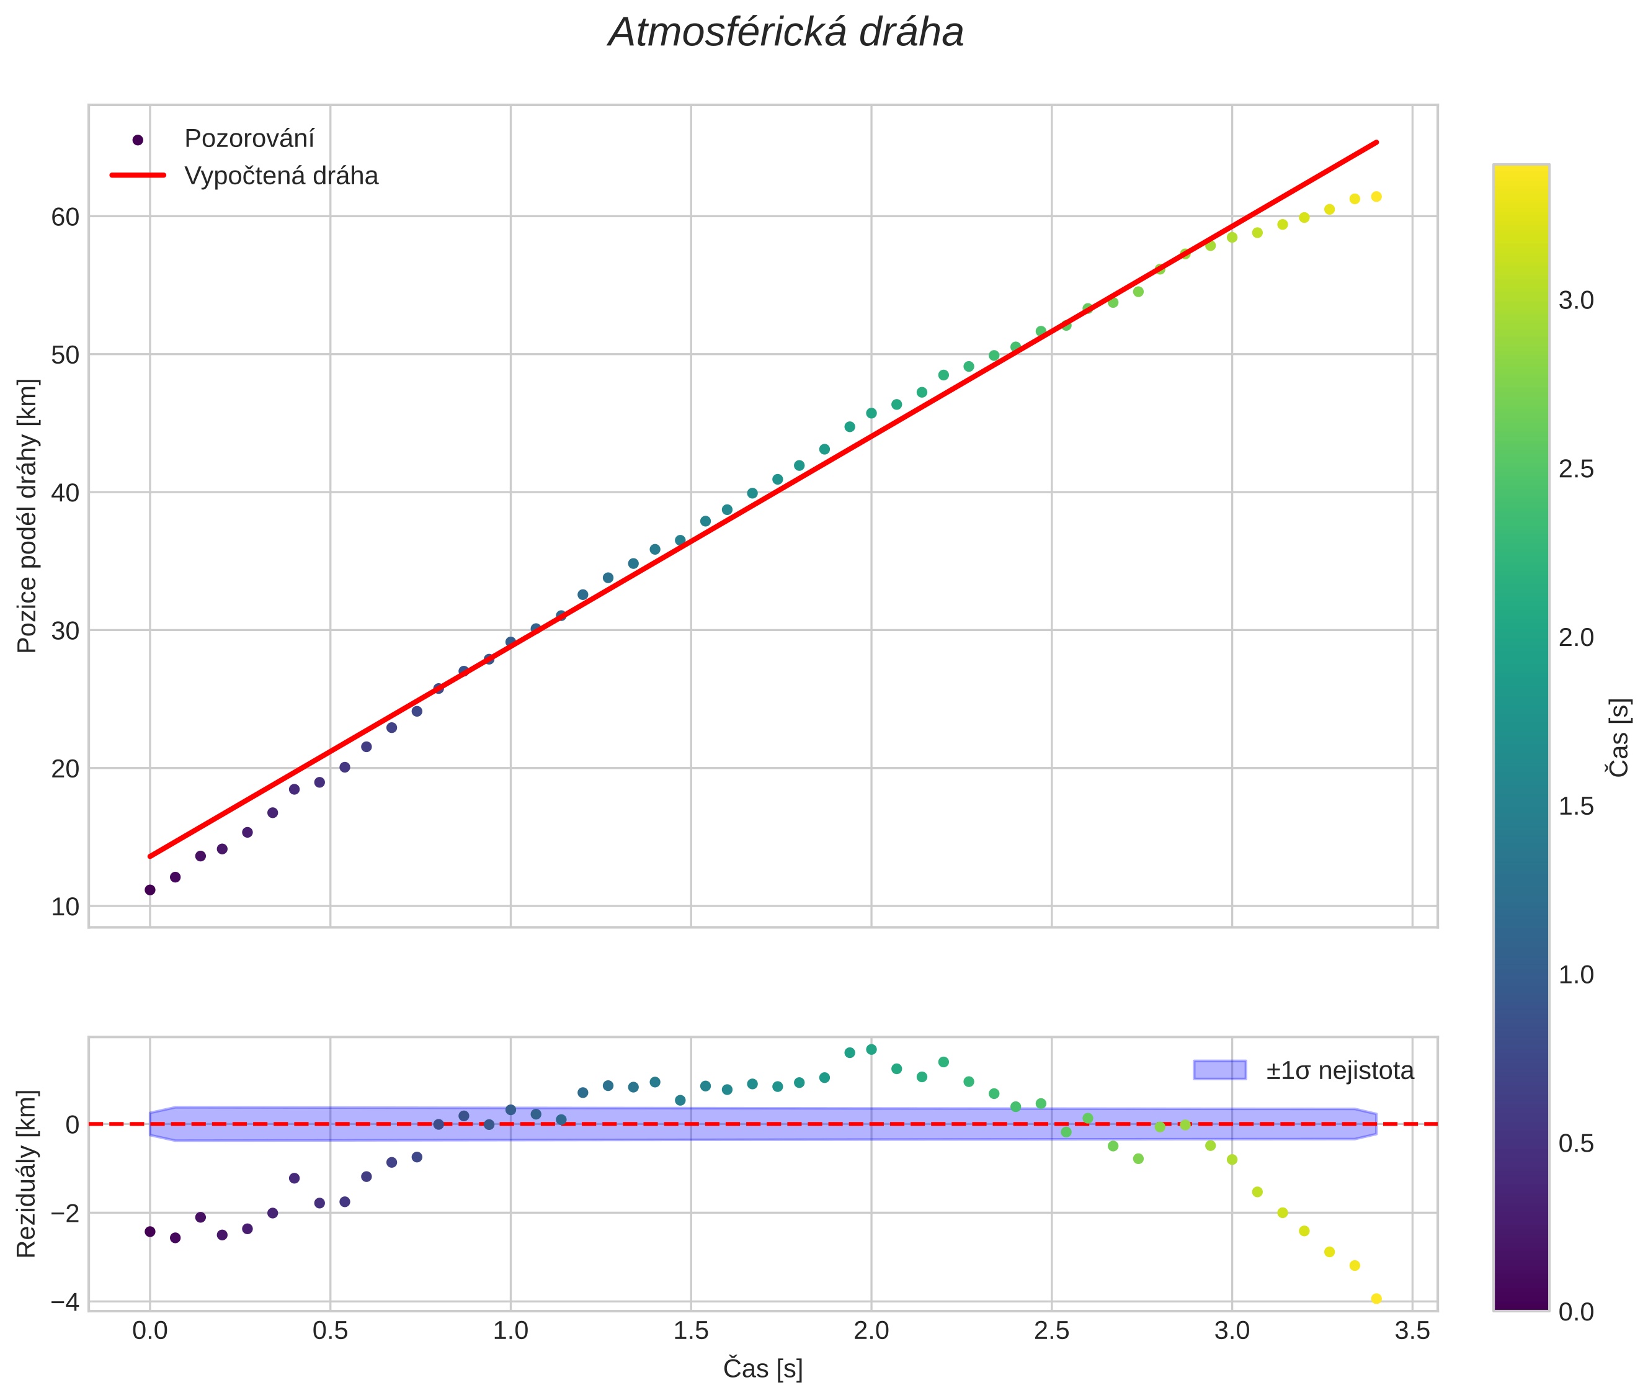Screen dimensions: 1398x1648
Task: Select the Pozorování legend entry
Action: pos(249,139)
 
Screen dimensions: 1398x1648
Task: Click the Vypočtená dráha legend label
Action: pos(281,176)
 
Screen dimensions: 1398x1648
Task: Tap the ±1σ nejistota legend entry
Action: pos(1339,1071)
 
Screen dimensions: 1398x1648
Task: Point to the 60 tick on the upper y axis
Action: pos(65,217)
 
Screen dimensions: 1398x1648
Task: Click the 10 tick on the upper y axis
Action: pos(65,907)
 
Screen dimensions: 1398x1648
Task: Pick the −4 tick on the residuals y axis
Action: pos(65,1301)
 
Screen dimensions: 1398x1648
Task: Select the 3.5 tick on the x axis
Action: pos(1412,1330)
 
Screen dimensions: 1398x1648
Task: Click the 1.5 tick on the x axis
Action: pos(691,1330)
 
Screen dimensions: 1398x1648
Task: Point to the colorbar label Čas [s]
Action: pos(1619,737)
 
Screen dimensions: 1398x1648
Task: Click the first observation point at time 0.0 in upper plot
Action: pos(149,890)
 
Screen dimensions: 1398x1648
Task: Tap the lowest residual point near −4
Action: pos(1376,1299)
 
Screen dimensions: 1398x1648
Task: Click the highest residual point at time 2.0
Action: pos(871,1049)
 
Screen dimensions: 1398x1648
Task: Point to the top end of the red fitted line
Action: pos(1377,143)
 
